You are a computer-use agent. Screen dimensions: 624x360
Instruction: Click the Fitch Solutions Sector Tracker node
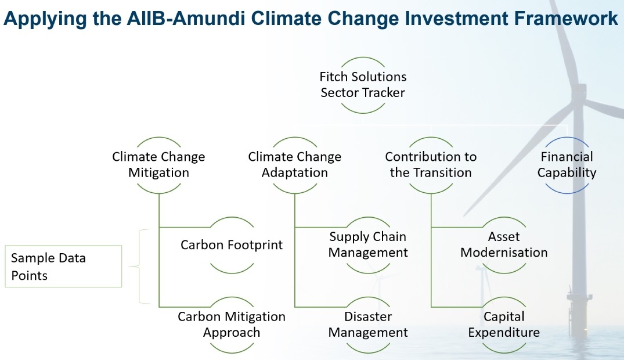363,85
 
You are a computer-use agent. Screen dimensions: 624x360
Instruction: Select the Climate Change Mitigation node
158,165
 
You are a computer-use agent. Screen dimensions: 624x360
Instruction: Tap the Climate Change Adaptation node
294,165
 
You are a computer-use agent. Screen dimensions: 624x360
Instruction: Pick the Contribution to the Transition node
431,165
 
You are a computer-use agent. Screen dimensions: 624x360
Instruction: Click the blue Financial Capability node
567,165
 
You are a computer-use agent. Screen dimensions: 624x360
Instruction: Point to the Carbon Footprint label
232,244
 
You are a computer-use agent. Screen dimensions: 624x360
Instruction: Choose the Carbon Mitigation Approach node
232,325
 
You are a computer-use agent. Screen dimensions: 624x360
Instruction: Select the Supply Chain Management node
368,244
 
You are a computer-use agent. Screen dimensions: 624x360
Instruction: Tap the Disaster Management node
368,325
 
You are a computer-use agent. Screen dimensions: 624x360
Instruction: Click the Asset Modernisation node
504,244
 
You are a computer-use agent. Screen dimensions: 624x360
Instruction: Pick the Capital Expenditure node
504,325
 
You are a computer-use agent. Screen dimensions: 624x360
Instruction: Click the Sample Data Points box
63,267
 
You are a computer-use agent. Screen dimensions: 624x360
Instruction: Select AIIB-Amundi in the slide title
186,19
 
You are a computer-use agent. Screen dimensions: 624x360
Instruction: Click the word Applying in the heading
45,19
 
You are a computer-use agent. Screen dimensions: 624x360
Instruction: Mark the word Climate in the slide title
286,19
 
